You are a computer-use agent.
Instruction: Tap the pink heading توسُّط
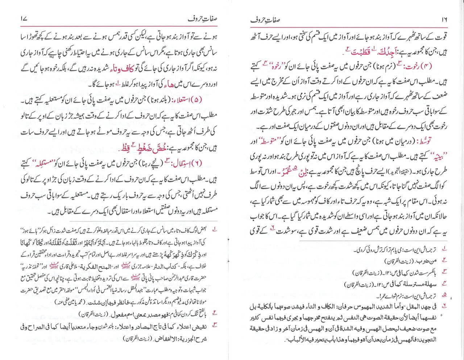tap(435, 140)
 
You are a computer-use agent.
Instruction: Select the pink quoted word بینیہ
tap(434, 156)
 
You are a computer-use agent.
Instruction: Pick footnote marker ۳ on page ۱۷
tap(215, 324)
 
